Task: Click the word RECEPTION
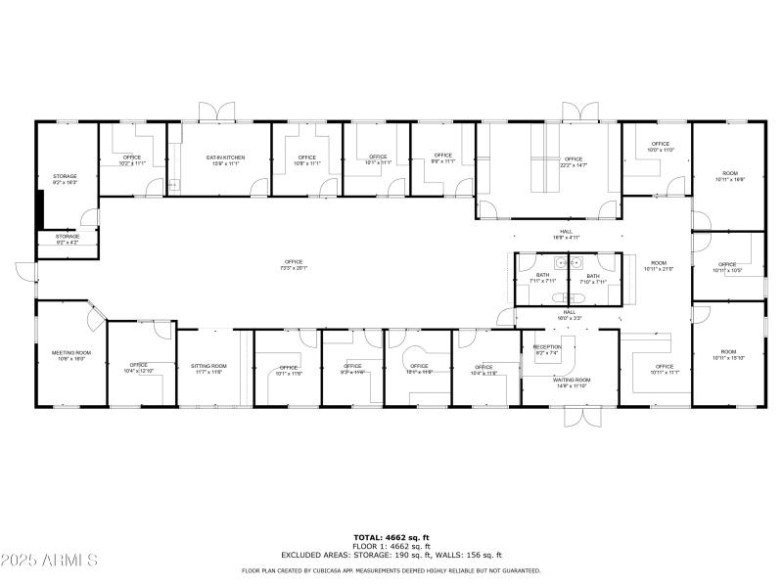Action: [547, 347]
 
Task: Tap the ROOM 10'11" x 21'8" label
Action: [659, 265]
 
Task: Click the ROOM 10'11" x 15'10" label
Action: [728, 354]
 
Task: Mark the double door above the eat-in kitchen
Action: [213, 112]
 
